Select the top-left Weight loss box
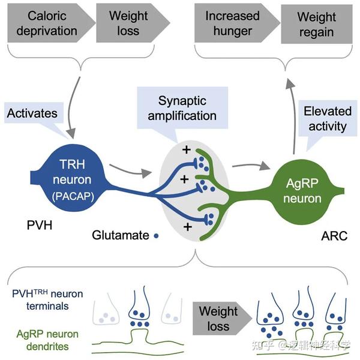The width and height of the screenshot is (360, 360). [125, 23]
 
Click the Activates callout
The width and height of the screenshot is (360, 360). [32, 113]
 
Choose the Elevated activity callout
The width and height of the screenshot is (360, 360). [325, 118]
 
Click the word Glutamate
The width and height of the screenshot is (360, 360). [120, 235]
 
